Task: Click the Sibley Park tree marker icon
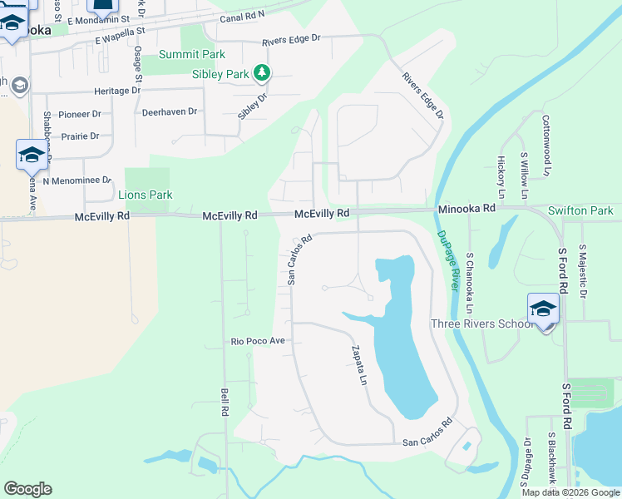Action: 262,73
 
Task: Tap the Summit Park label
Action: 192,54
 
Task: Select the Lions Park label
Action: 146,195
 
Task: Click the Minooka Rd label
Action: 466,208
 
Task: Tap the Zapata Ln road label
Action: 358,367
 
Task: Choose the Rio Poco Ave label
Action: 258,341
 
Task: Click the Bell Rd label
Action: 225,402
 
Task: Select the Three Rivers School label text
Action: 480,324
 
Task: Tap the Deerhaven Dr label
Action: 170,111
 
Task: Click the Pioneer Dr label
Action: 79,114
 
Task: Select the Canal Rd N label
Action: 242,17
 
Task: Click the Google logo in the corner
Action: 27,489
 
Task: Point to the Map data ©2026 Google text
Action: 570,492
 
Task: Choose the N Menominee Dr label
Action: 77,180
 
